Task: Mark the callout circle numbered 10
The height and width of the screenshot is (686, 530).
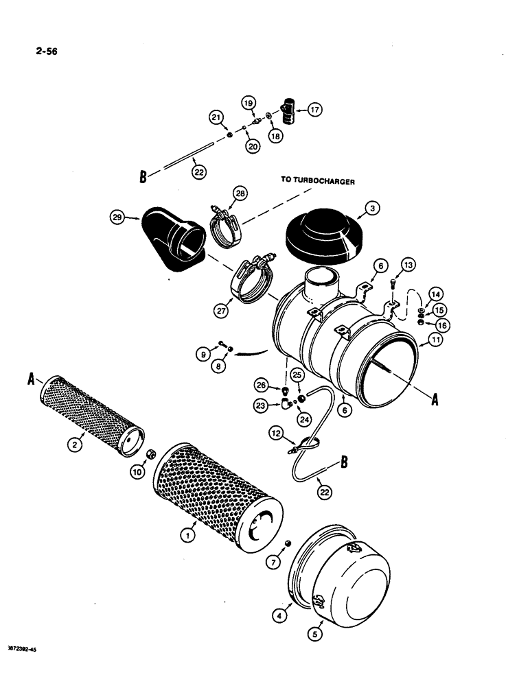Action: coord(137,472)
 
